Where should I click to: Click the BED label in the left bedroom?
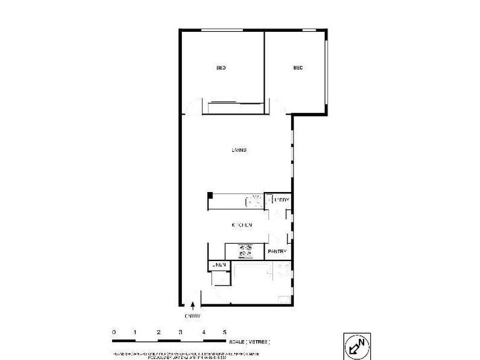[221, 68]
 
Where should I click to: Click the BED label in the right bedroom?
[298, 68]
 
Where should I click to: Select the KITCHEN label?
[242, 225]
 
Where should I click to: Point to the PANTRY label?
[278, 252]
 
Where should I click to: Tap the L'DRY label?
[281, 200]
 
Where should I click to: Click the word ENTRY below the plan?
[192, 316]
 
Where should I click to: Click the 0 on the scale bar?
[113, 332]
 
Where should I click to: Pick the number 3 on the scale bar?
[180, 332]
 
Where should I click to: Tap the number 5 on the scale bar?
[225, 332]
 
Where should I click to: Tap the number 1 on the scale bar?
[136, 332]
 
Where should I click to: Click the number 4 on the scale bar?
[203, 332]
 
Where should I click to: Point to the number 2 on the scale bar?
[158, 332]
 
